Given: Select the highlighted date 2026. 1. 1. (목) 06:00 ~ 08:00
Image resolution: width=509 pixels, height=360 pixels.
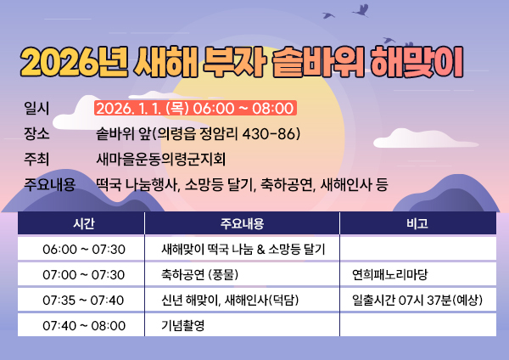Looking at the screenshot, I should pyautogui.click(x=195, y=108).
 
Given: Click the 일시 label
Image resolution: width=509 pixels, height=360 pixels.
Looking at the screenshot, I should pyautogui.click(x=38, y=108).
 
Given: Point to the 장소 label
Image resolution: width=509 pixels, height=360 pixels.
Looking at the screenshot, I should pyautogui.click(x=38, y=133).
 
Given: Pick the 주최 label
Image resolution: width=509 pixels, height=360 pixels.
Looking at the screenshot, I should pyautogui.click(x=38, y=159).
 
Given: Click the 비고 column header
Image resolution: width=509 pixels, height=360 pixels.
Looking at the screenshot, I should pyautogui.click(x=417, y=224).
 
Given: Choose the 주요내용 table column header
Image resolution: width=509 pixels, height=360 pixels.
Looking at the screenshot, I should pyautogui.click(x=243, y=224).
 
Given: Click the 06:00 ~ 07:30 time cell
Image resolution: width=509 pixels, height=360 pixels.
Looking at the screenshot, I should pyautogui.click(x=84, y=249).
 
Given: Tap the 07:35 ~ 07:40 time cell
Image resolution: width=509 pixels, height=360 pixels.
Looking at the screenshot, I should pyautogui.click(x=84, y=300).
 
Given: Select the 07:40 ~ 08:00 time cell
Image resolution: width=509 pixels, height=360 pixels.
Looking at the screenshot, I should pyautogui.click(x=84, y=325).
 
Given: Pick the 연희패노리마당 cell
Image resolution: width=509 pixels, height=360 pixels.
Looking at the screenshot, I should pyautogui.click(x=389, y=274).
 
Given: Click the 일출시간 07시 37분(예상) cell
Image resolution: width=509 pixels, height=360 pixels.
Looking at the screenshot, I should pyautogui.click(x=417, y=300).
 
